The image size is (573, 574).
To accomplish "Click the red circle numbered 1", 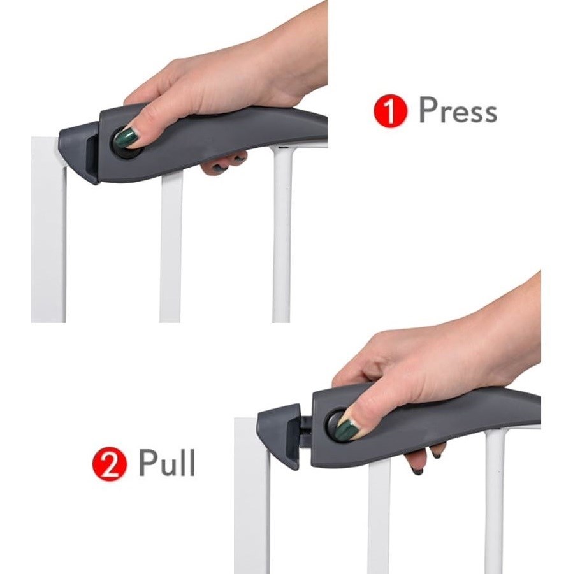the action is point(390,110).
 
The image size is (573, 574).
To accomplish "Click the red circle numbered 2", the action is point(109,463).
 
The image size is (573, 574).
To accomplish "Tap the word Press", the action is point(458,110).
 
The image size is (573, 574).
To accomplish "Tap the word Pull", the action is point(166,463).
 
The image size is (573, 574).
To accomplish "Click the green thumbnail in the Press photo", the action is point(126,136).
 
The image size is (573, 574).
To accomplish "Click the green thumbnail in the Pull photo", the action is point(346,430).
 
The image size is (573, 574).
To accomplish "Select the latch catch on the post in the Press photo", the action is point(80,153).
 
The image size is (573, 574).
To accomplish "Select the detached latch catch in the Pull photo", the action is point(279,434).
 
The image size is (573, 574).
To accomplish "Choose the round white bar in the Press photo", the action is point(282,234).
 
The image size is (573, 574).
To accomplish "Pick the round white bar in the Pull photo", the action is point(495,501).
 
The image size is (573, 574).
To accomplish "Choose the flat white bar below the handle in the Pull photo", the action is point(380,516).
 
